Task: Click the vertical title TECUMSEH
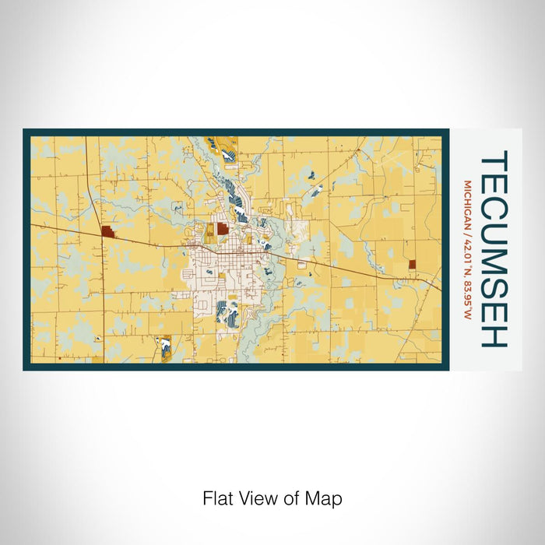494,248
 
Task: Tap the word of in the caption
285,498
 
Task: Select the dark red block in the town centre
223,229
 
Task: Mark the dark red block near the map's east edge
412,264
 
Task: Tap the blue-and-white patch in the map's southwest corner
165,347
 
